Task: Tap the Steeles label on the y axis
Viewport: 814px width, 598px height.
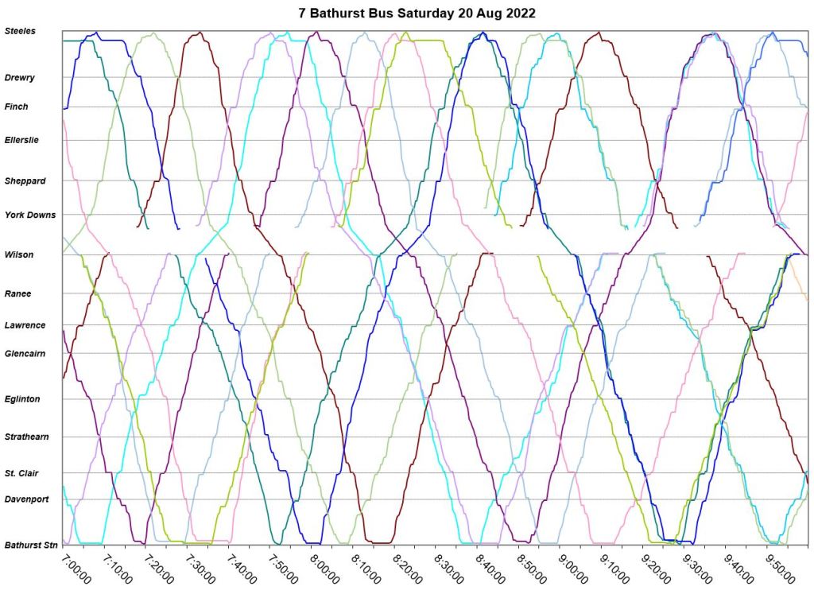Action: tap(20, 31)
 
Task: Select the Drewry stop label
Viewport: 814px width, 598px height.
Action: tap(19, 78)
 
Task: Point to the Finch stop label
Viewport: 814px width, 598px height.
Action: tap(16, 107)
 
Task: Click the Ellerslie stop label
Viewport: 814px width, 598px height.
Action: tap(21, 140)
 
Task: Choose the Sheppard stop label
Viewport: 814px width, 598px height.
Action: tap(25, 181)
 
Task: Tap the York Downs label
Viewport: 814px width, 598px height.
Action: tap(30, 215)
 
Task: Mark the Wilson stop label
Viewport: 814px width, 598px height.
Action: tap(19, 254)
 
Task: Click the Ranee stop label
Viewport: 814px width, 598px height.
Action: tap(17, 293)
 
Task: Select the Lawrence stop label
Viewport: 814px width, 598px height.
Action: tap(25, 325)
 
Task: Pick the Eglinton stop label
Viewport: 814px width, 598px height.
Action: tap(22, 399)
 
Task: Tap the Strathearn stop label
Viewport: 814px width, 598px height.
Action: tap(27, 437)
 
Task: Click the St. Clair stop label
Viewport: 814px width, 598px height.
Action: tap(22, 473)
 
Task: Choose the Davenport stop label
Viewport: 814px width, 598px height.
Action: tap(27, 499)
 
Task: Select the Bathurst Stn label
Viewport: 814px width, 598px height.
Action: tap(31, 546)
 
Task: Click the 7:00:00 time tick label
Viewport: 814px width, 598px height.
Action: tap(77, 569)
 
